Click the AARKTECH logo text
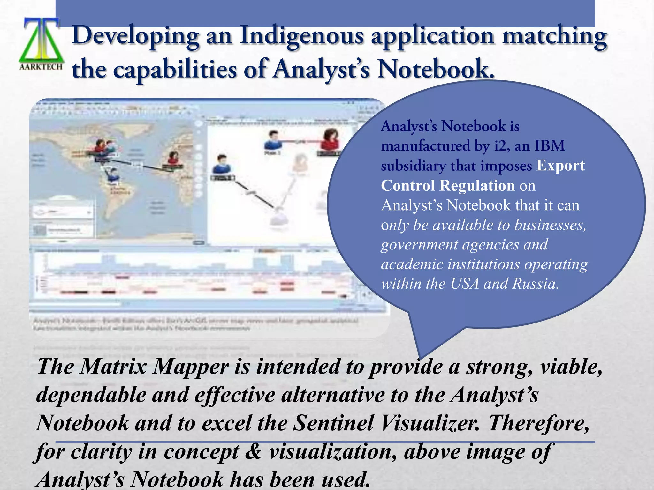point(41,67)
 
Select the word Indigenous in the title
point(302,36)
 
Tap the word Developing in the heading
point(135,36)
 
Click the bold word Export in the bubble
point(560,166)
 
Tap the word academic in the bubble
point(412,264)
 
